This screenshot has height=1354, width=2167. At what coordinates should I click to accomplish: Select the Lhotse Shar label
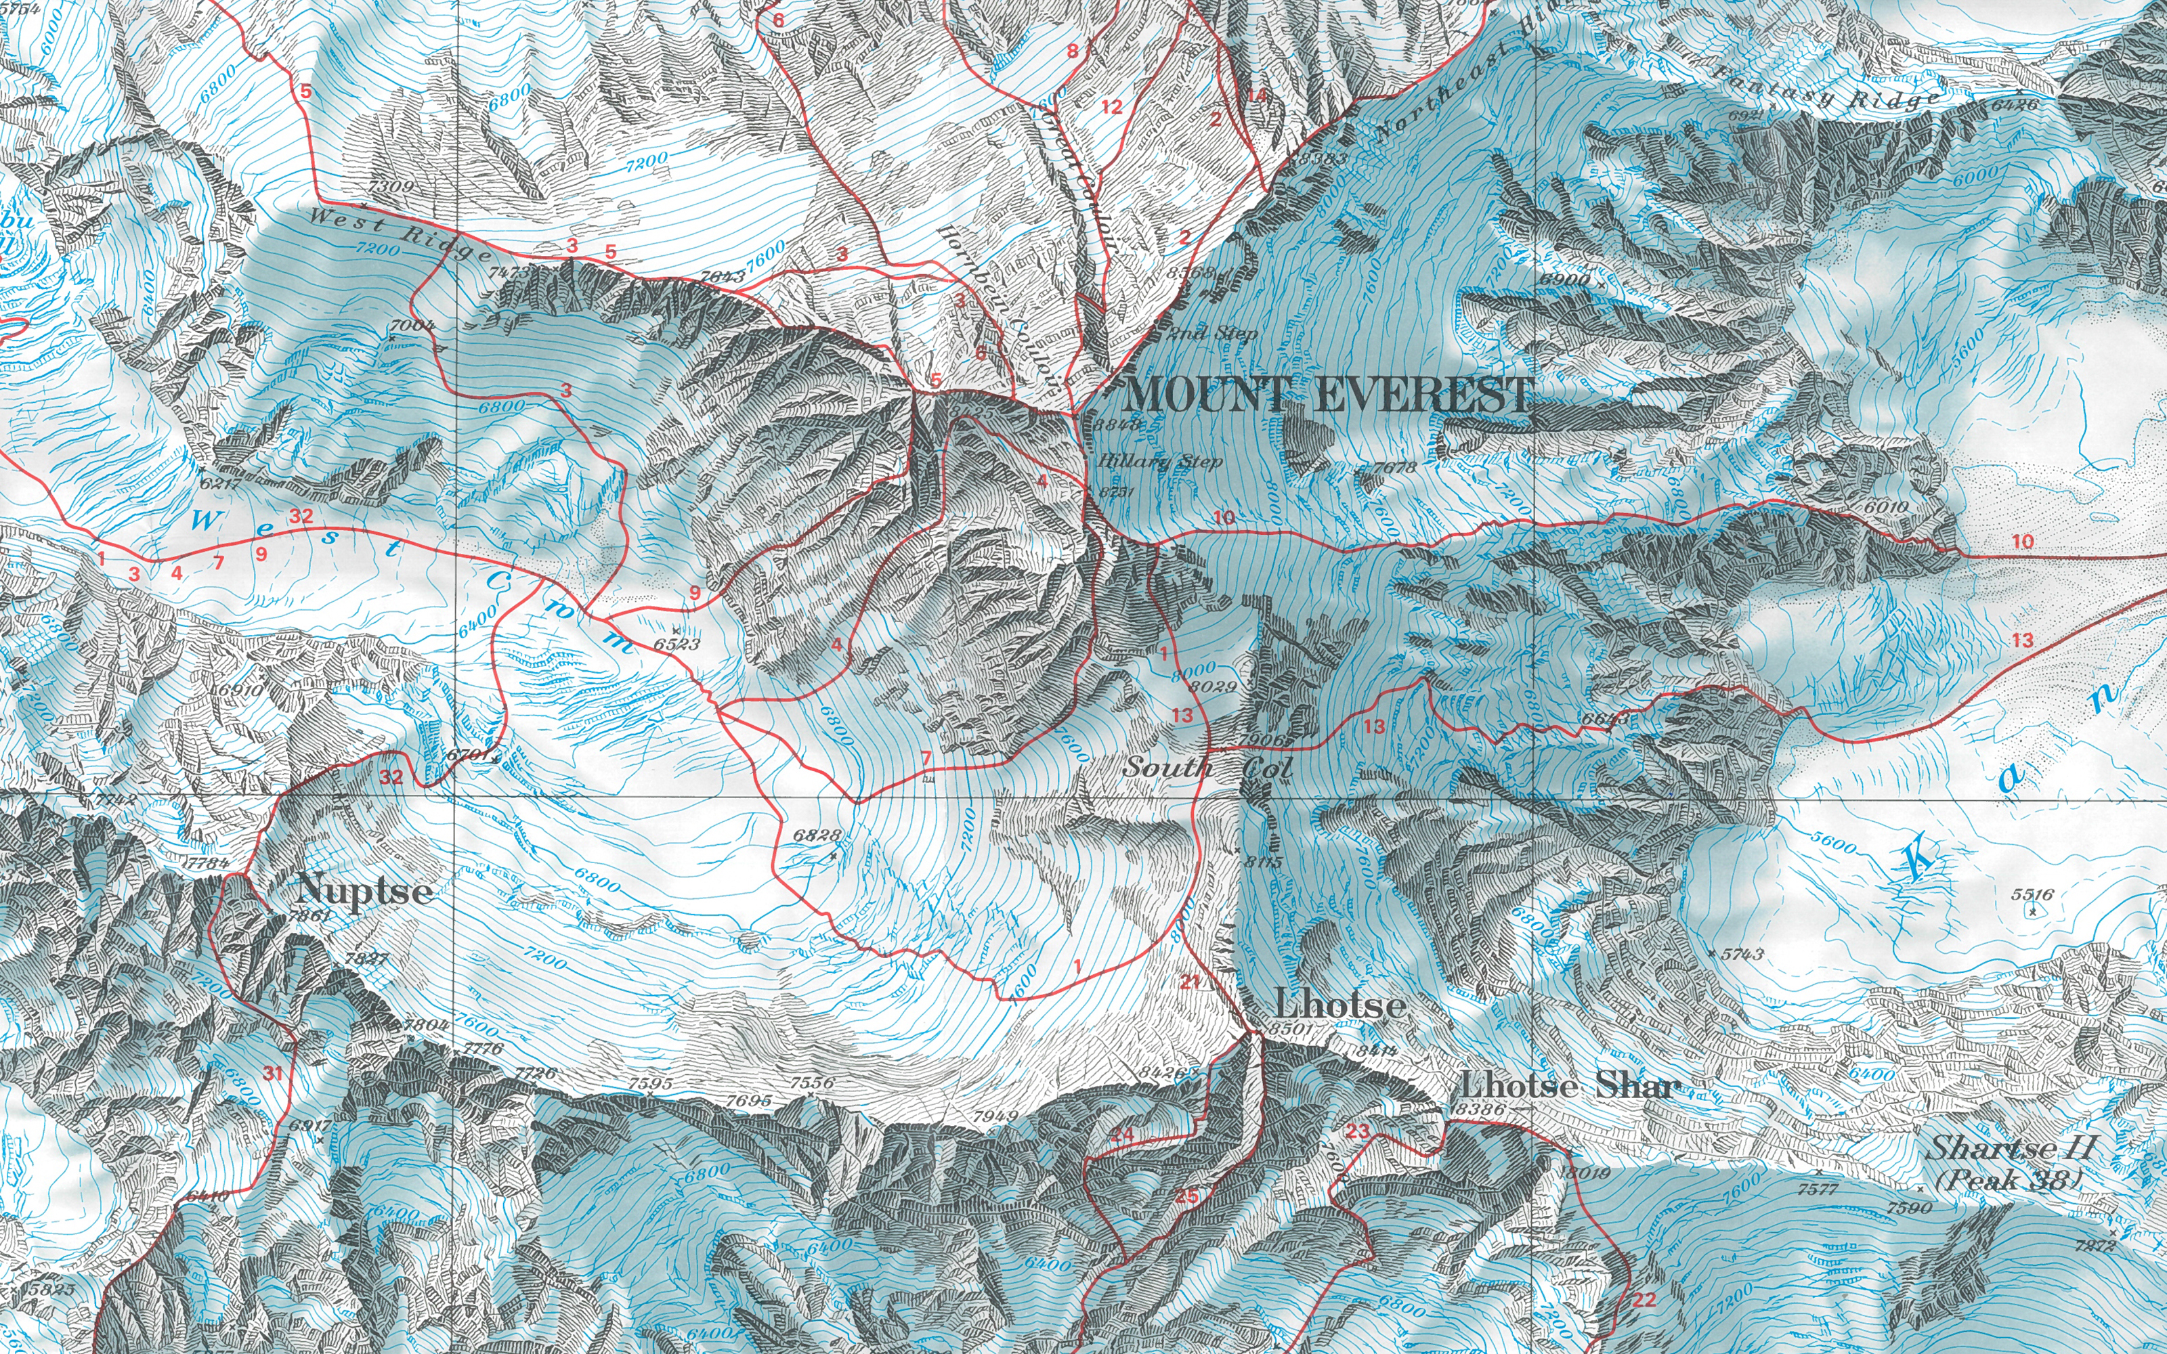[x=1569, y=1086]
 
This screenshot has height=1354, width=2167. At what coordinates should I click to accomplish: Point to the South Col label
[x=1207, y=768]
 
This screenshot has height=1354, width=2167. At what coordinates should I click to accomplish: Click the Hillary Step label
[x=1159, y=462]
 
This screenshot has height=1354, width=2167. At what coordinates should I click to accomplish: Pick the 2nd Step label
[x=1214, y=334]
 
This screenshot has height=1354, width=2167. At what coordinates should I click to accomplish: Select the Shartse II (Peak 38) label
[x=2011, y=1162]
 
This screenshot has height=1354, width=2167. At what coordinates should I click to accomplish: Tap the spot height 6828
[x=817, y=835]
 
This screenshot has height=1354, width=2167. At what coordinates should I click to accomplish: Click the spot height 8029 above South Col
[x=1214, y=687]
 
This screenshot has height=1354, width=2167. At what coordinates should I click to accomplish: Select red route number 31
[x=273, y=1074]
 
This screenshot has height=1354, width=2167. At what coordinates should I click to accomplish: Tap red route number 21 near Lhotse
[x=1189, y=982]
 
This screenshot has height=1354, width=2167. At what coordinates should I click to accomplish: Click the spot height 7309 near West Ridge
[x=391, y=186]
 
